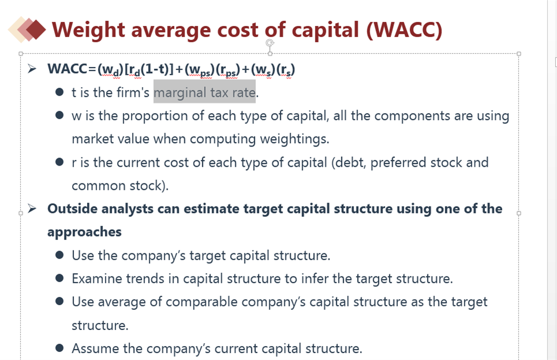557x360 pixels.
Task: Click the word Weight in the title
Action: (x=88, y=30)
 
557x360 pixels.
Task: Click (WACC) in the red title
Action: (x=404, y=30)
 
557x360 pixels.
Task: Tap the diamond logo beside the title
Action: (x=27, y=29)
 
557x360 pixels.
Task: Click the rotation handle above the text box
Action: (x=270, y=43)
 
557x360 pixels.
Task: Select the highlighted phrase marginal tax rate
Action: (x=204, y=92)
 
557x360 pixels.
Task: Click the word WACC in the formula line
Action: (x=67, y=69)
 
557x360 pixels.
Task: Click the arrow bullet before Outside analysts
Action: (x=32, y=208)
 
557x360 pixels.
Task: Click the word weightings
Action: (x=295, y=139)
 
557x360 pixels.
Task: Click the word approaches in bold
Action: (x=84, y=232)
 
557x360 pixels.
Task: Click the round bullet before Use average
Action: (x=59, y=301)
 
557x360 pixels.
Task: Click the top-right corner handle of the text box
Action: (x=519, y=54)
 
